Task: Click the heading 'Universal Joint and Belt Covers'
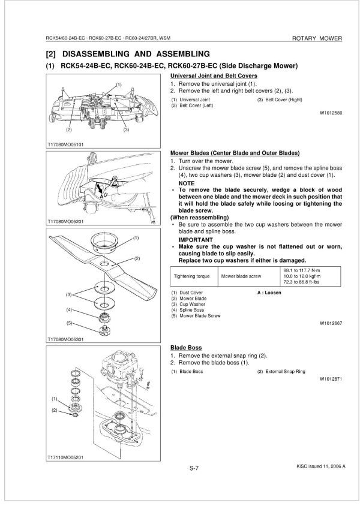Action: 214,76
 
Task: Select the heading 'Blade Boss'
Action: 185,348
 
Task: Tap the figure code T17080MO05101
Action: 65,144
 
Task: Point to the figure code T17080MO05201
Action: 65,222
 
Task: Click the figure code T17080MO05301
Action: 65,340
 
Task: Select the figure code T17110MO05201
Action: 65,457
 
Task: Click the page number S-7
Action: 195,469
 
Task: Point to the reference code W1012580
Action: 331,112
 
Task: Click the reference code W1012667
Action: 331,322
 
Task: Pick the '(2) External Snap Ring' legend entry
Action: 281,372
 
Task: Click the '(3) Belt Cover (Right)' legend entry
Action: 280,99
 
